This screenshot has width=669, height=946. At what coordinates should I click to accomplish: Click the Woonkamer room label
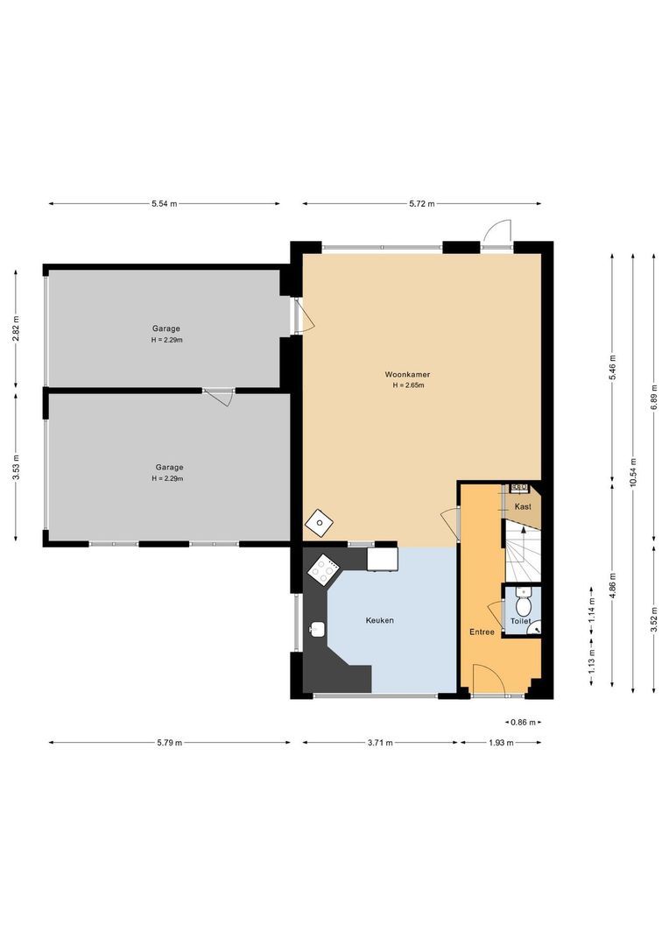point(407,374)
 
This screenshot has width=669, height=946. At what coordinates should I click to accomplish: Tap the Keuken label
point(379,620)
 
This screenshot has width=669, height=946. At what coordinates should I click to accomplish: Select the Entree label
point(482,632)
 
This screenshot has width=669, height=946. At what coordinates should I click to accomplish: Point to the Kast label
point(523,506)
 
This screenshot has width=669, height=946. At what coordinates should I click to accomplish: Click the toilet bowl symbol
point(523,604)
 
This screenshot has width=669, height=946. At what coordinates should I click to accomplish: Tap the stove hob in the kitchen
point(324,569)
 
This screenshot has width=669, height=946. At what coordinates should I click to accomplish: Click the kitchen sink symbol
point(317,629)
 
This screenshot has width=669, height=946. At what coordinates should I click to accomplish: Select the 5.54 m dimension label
point(164,204)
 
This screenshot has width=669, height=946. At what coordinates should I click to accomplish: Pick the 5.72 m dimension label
point(422,204)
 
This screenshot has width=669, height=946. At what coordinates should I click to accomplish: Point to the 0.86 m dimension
point(523,722)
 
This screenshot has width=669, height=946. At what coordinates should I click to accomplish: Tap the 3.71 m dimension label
point(380,743)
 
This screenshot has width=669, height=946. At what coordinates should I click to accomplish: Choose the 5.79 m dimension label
point(169,743)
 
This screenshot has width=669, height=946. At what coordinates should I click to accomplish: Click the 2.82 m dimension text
point(17,328)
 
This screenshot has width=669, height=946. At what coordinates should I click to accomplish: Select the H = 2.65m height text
point(408,385)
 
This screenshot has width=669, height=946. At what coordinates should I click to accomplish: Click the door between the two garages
point(218,397)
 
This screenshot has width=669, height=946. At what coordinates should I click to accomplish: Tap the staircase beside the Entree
point(523,552)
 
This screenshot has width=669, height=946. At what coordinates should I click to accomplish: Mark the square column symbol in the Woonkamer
point(319,522)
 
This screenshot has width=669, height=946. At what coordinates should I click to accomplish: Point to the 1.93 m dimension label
point(501,743)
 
